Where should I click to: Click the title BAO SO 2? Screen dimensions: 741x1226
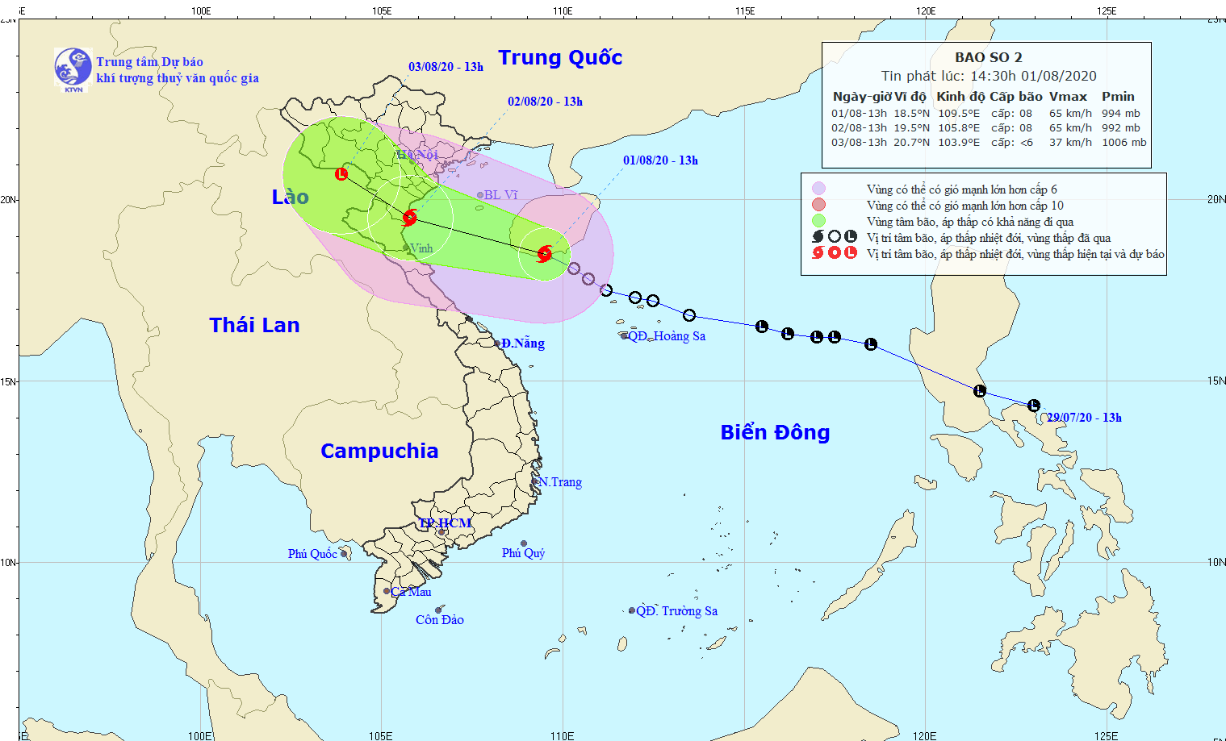[988, 57]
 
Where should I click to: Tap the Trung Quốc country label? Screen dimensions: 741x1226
[560, 58]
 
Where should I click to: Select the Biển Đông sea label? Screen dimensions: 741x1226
[775, 433]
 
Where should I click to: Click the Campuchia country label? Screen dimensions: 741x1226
[379, 451]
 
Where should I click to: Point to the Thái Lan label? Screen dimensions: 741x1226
[254, 325]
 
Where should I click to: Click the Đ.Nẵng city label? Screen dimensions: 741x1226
[522, 343]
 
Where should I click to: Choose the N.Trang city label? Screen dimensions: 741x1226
[560, 482]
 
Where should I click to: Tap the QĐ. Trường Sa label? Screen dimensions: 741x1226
[676, 611]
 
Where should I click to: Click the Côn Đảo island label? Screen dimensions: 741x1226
[440, 620]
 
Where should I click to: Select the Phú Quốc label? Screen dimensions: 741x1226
[312, 554]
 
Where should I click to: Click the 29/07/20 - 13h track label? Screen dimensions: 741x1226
[1084, 418]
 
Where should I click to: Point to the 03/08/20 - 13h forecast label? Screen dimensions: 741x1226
[446, 67]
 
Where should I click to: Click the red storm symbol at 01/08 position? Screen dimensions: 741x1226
[545, 254]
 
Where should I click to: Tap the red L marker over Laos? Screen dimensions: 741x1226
[341, 173]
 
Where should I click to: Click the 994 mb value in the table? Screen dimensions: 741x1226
[1120, 114]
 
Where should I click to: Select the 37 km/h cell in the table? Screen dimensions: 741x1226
[1070, 143]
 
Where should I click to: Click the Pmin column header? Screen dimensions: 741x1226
[1118, 97]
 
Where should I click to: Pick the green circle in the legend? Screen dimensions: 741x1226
[819, 221]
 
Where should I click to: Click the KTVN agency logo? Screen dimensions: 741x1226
[73, 67]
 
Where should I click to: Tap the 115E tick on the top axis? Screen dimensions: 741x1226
[745, 11]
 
